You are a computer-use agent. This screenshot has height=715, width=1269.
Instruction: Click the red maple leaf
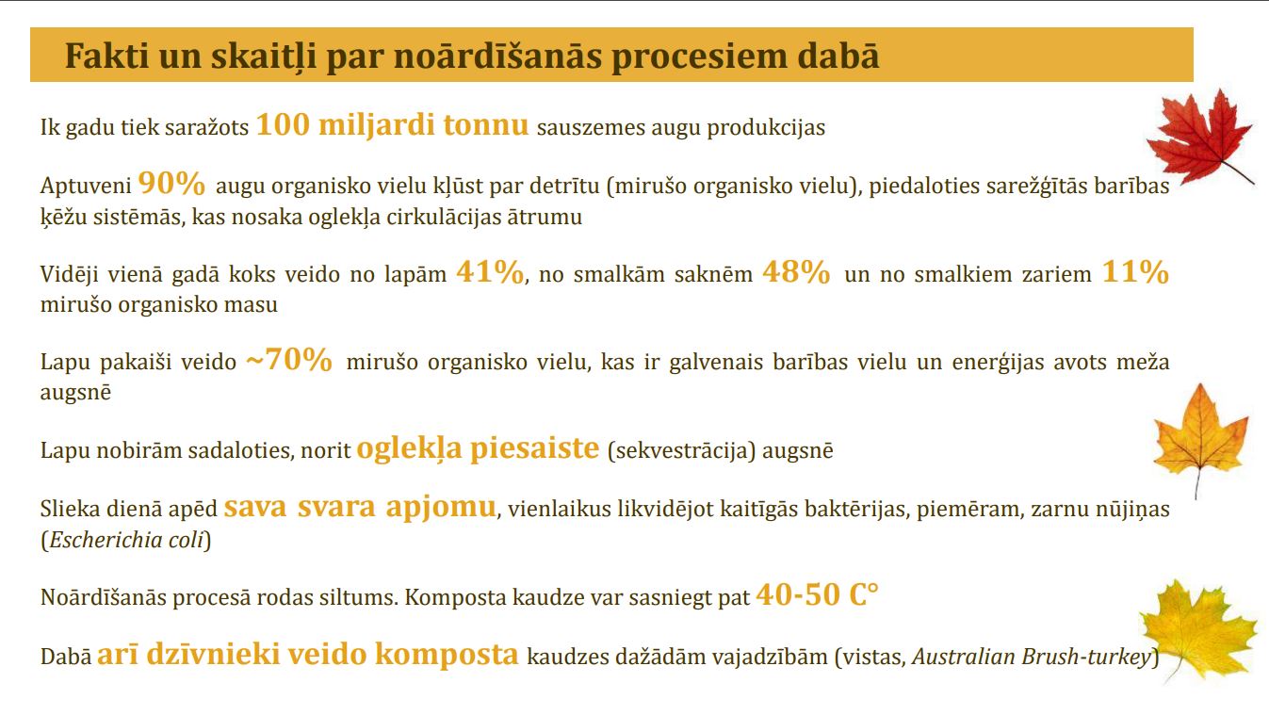click(1198, 138)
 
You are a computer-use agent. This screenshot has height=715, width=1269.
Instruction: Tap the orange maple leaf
click(1200, 436)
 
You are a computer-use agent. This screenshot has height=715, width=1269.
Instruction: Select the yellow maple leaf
click(1196, 629)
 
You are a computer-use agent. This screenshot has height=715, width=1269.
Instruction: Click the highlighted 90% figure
click(171, 183)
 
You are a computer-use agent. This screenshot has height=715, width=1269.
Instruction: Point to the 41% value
click(490, 271)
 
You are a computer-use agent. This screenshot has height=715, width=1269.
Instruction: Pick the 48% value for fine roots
click(796, 271)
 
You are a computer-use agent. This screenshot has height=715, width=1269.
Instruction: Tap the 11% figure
click(1135, 271)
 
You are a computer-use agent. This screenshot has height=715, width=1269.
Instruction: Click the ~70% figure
click(289, 359)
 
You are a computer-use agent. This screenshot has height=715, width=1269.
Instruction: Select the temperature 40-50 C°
click(817, 594)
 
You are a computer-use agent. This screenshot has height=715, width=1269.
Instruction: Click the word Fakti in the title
click(107, 56)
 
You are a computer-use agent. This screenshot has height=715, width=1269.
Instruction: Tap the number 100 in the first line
click(284, 124)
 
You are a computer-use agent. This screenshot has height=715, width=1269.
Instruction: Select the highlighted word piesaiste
click(534, 447)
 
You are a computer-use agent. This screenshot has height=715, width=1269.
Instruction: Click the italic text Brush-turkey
click(1086, 657)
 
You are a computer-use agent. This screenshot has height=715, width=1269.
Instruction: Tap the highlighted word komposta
click(447, 655)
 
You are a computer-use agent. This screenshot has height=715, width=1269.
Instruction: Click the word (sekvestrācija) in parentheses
click(681, 450)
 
